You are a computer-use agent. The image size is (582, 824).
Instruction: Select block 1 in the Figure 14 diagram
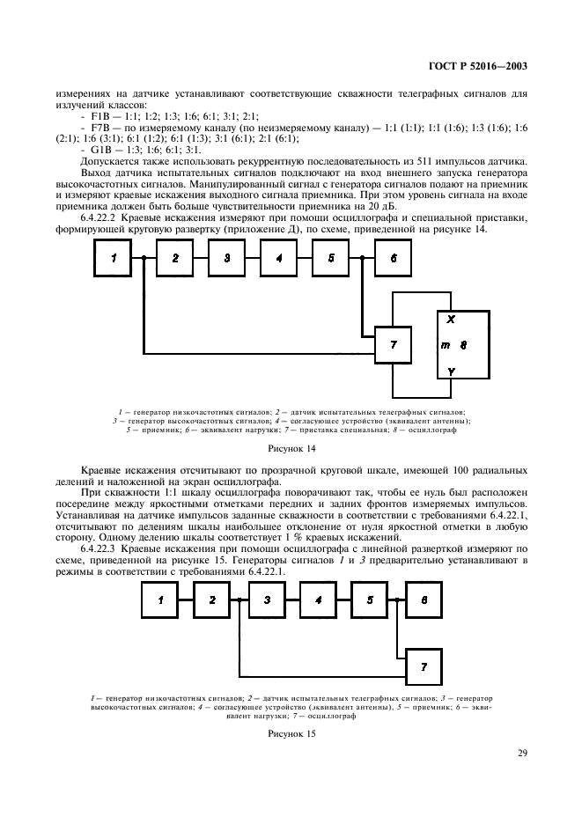tap(114, 258)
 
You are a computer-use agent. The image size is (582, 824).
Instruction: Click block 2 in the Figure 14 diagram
tap(176, 258)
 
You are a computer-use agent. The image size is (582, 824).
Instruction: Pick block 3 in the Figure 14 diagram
tap(227, 258)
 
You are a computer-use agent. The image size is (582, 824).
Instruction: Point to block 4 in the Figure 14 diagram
tap(278, 258)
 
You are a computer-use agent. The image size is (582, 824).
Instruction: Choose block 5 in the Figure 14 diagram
tap(330, 258)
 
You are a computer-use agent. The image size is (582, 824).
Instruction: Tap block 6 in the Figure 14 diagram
tap(393, 258)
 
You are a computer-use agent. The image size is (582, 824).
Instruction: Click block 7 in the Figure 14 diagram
tap(393, 343)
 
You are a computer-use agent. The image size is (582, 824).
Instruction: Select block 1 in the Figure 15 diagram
tap(160, 600)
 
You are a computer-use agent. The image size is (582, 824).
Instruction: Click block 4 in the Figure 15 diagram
tap(318, 600)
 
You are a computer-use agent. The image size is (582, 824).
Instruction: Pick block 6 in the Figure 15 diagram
tap(424, 600)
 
